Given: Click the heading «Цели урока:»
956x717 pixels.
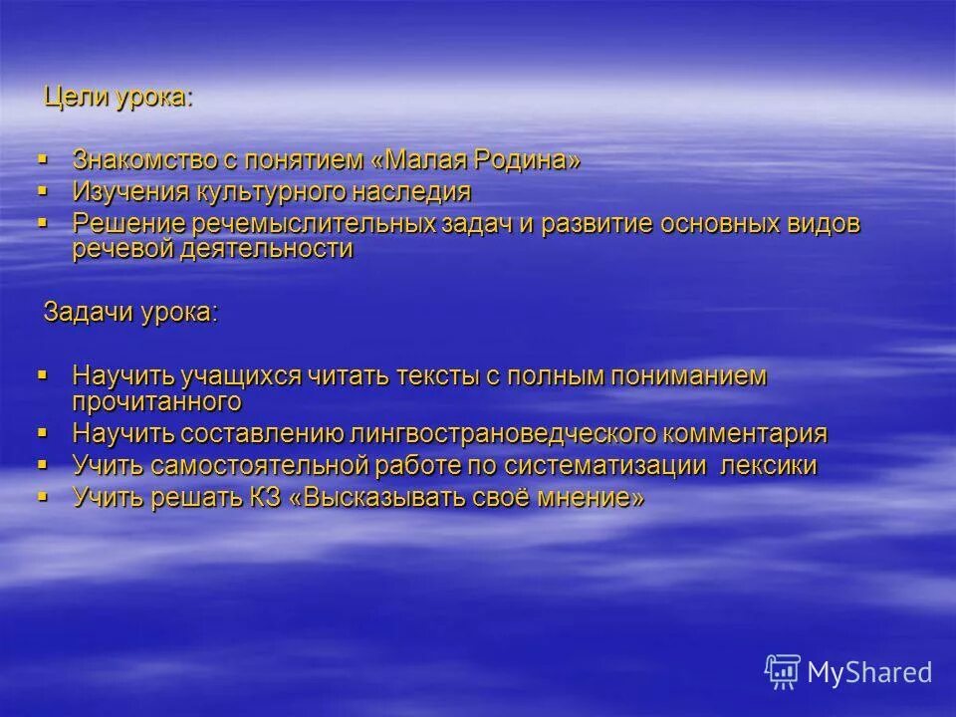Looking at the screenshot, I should coord(117,99).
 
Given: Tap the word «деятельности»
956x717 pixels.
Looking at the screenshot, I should coord(268,249).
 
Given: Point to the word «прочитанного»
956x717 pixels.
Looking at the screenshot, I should coord(157,401).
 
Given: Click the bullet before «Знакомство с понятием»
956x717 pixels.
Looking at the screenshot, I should coord(42,158).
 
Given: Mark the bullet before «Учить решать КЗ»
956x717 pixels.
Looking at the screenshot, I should coord(42,495).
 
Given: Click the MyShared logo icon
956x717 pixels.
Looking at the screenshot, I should coord(783,670).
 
